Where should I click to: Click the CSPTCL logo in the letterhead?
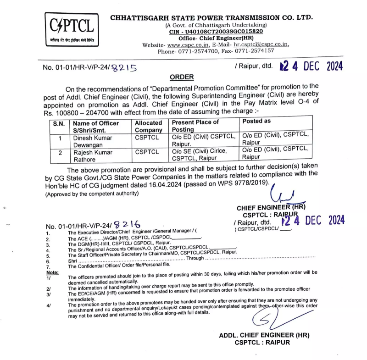point(73,28)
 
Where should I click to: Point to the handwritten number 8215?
point(125,67)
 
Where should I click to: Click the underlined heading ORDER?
point(182,77)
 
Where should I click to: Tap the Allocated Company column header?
point(149,126)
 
